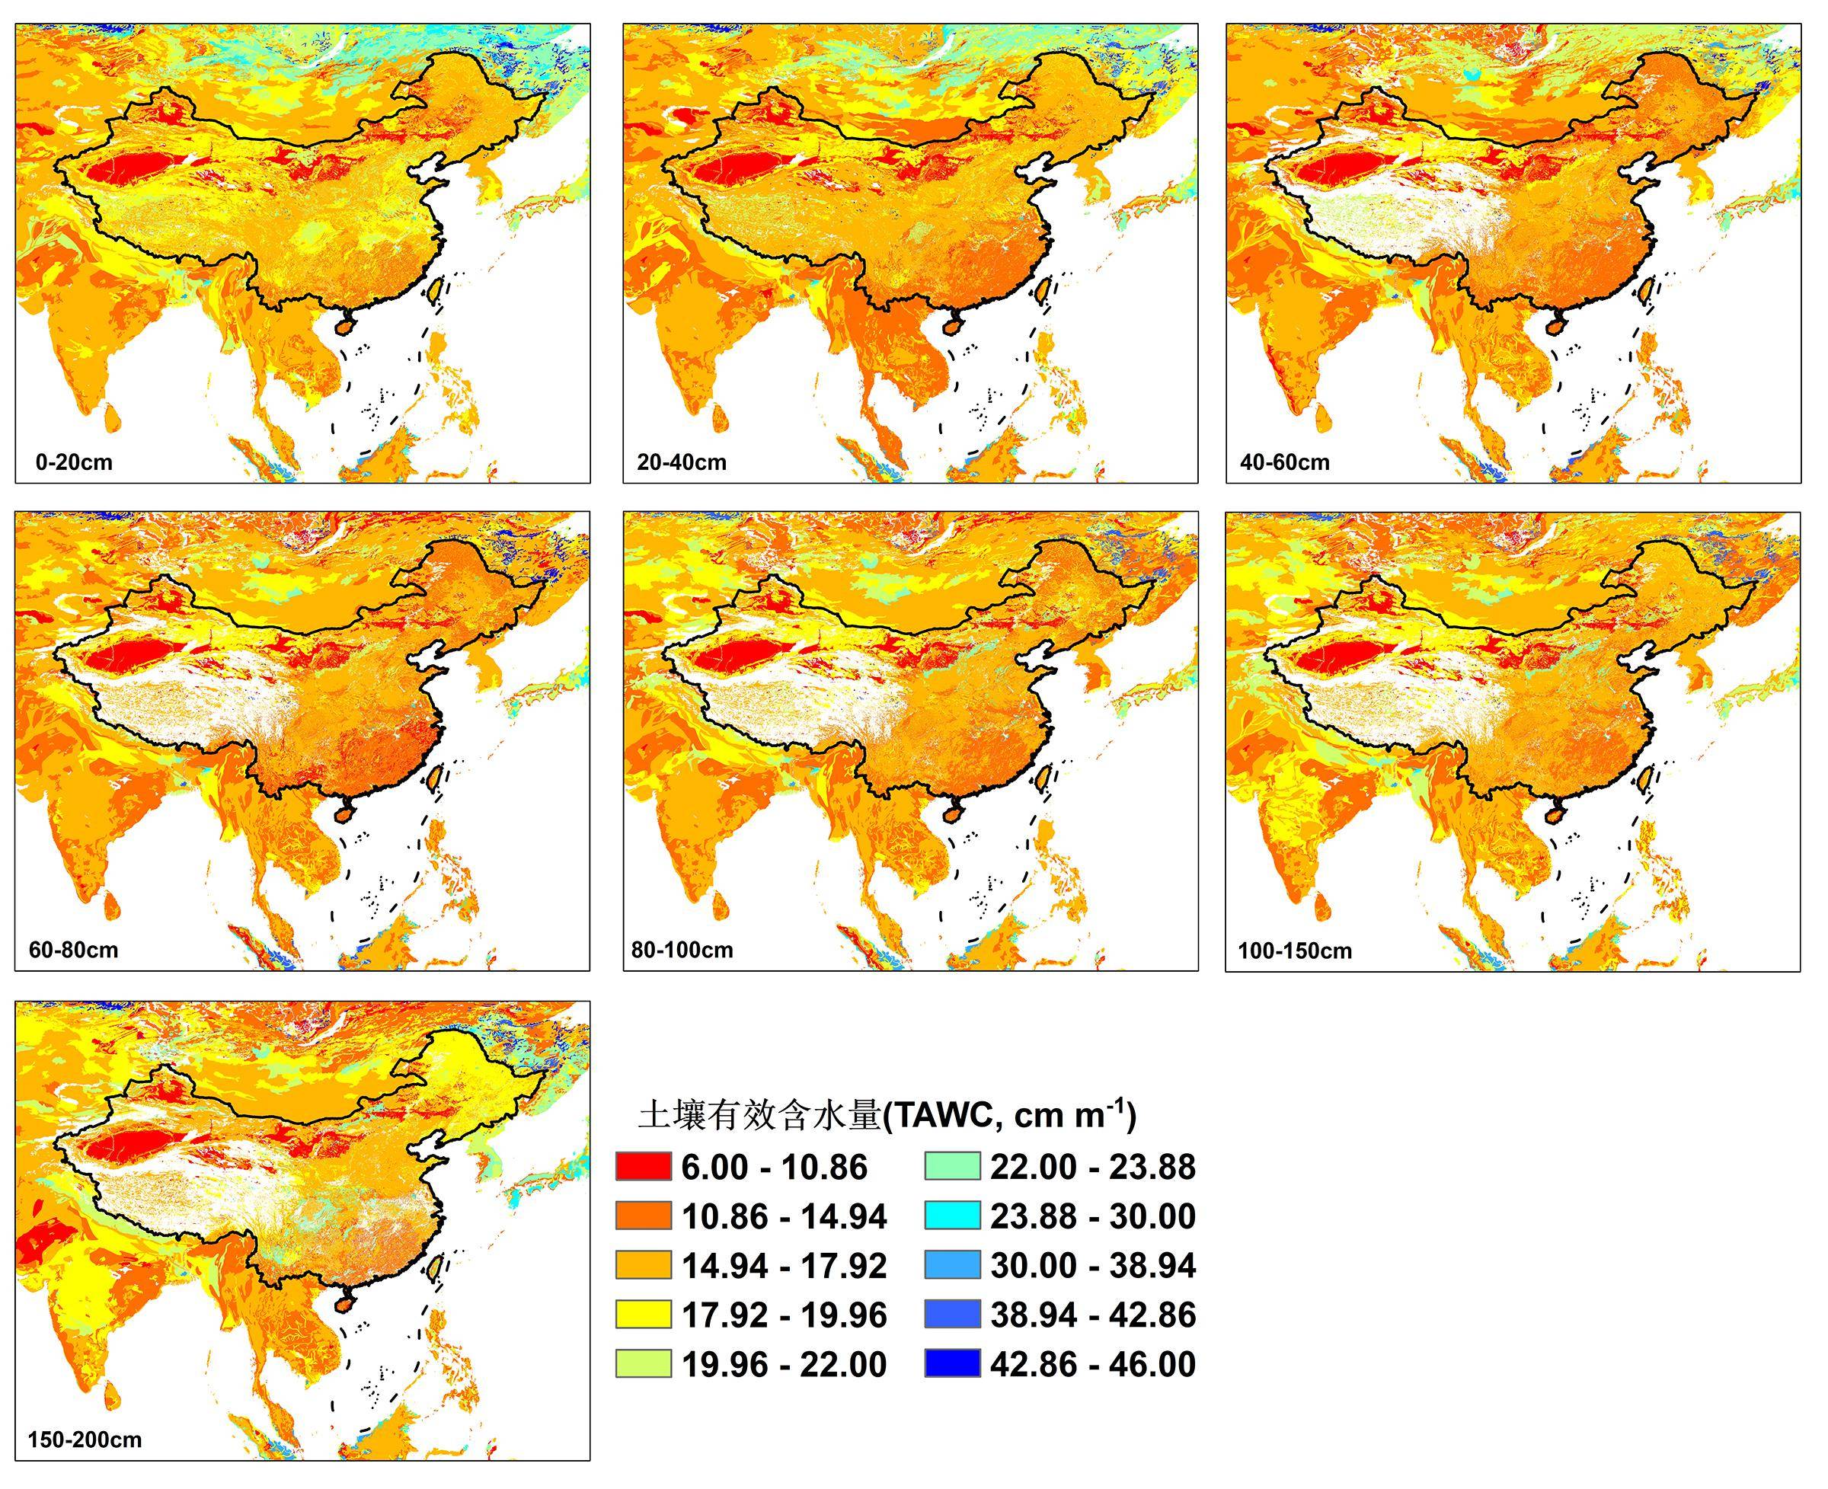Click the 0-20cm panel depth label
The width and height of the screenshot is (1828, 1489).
pyautogui.click(x=74, y=463)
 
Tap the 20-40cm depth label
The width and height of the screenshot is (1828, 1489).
pyautogui.click(x=681, y=463)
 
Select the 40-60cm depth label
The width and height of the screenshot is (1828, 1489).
pyautogui.click(x=1284, y=463)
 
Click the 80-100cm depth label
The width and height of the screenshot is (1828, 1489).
pyautogui.click(x=681, y=951)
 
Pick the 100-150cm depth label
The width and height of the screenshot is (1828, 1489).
pyautogui.click(x=1294, y=951)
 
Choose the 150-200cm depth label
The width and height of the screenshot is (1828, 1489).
pyautogui.click(x=84, y=1440)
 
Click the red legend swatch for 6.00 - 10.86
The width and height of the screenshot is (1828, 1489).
pyautogui.click(x=643, y=1168)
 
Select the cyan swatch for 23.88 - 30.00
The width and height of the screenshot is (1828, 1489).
pyautogui.click(x=951, y=1216)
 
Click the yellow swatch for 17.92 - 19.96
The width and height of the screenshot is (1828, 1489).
pyautogui.click(x=643, y=1315)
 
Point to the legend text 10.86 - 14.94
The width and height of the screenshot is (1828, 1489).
pyautogui.click(x=784, y=1217)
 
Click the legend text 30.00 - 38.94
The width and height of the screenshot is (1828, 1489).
pyautogui.click(x=1093, y=1266)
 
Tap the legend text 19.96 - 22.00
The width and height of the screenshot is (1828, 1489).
pyautogui.click(x=784, y=1365)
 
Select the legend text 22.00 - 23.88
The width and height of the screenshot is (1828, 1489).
pyautogui.click(x=1093, y=1168)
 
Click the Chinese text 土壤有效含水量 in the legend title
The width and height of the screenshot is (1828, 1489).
pyautogui.click(x=759, y=1116)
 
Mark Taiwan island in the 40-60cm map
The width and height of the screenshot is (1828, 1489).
pyautogui.click(x=1644, y=292)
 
